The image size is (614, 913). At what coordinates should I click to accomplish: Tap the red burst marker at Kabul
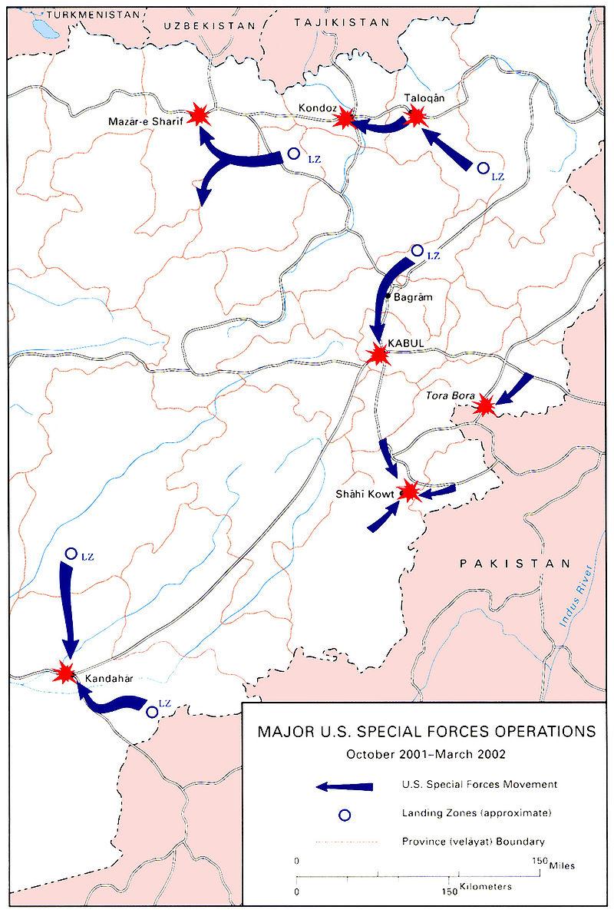click(378, 354)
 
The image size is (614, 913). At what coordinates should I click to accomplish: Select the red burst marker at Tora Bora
click(484, 405)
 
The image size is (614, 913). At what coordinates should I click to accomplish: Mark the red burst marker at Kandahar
click(65, 673)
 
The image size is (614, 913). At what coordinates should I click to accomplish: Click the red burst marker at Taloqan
click(416, 116)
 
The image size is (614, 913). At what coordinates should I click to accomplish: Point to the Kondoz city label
click(315, 108)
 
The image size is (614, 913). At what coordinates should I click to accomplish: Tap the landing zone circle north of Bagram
click(418, 250)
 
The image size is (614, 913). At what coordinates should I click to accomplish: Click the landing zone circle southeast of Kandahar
click(151, 712)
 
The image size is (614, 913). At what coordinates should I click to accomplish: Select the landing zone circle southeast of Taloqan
click(483, 167)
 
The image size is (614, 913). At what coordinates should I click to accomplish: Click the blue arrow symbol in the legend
click(345, 786)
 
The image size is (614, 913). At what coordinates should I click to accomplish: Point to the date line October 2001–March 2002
click(426, 753)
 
